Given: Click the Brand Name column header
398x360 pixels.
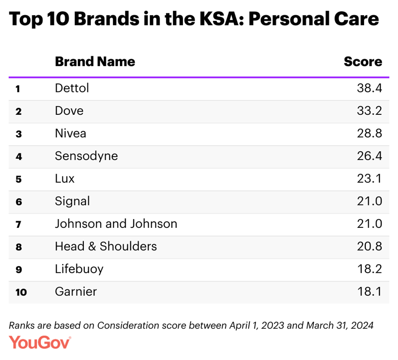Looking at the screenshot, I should point(95,62).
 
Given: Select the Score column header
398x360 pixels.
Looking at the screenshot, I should point(363,62).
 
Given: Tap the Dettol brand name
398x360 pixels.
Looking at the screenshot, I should point(72,89).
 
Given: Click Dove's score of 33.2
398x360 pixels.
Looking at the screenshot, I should point(369,111).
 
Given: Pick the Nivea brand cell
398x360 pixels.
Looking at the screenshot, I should point(70,134).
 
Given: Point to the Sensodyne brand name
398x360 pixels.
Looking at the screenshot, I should point(86,156).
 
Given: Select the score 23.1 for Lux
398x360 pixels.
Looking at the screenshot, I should point(369,179).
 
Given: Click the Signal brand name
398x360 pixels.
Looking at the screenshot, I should point(72,201).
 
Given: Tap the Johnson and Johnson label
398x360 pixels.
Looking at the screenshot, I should point(116,224).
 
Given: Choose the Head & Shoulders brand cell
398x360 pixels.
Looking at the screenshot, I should point(106,246).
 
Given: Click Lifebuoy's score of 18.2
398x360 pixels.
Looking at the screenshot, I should point(369,269).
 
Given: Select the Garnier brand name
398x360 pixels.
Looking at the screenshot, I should point(76,292).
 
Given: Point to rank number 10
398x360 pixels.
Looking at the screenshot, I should point(21,292).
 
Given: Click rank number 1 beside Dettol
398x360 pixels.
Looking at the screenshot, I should point(18,89).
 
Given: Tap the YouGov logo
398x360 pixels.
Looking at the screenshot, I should point(40,342).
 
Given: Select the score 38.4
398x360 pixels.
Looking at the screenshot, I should point(369,89).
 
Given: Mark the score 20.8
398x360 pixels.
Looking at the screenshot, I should point(369,246).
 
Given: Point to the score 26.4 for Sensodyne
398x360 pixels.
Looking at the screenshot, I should point(369,156).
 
